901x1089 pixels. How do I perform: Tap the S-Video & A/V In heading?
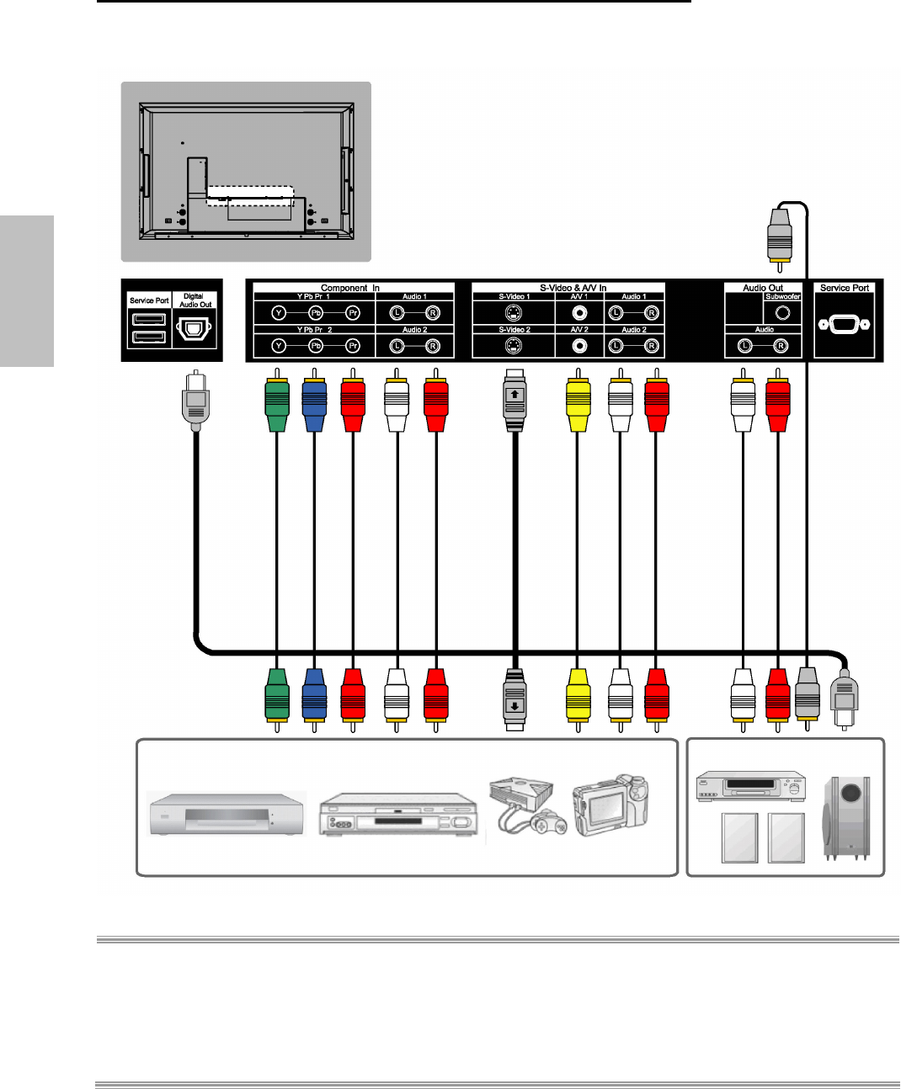tap(573, 288)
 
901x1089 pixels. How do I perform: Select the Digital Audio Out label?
tap(195, 300)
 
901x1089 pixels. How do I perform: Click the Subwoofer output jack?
tap(782, 313)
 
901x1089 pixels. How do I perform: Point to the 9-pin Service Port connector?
tap(844, 324)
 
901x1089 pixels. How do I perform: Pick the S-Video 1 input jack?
tap(513, 313)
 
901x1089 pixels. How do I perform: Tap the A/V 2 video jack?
tap(579, 346)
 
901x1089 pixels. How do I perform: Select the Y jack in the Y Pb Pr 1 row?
tap(279, 313)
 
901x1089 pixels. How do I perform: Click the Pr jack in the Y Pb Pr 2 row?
tap(354, 346)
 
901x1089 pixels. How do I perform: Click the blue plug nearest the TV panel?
tap(314, 404)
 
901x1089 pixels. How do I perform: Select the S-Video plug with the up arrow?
tap(515, 399)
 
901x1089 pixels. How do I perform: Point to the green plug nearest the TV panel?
tap(277, 404)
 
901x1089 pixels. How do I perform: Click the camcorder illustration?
tap(610, 805)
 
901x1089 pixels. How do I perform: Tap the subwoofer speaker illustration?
tap(846, 818)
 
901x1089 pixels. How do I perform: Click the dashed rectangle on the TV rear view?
tap(250, 195)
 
